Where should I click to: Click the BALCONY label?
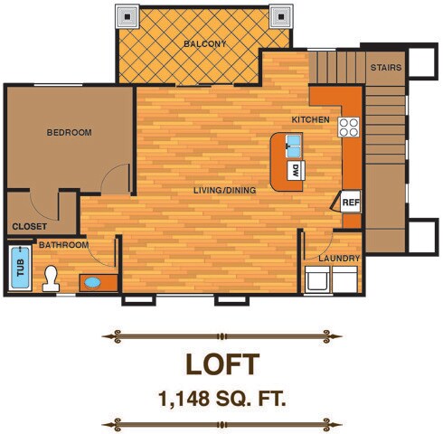pyautogui.click(x=204, y=43)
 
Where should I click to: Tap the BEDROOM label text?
pyautogui.click(x=69, y=133)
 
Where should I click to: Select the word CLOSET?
pyautogui.click(x=29, y=228)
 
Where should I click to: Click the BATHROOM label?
pyautogui.click(x=63, y=245)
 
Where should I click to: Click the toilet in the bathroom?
pyautogui.click(x=51, y=278)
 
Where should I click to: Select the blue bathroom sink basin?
pyautogui.click(x=93, y=282)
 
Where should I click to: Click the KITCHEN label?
pyautogui.click(x=310, y=120)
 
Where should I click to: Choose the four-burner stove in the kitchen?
pyautogui.click(x=349, y=127)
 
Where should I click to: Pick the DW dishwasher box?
pyautogui.click(x=295, y=168)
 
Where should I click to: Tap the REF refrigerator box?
pyautogui.click(x=351, y=203)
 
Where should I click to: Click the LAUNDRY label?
pyautogui.click(x=338, y=259)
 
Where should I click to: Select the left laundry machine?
pyautogui.click(x=317, y=281)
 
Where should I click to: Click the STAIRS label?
pyautogui.click(x=385, y=68)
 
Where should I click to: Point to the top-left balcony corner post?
pyautogui.click(x=127, y=15)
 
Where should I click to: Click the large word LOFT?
pyautogui.click(x=221, y=363)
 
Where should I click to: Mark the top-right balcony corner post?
pyautogui.click(x=282, y=15)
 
